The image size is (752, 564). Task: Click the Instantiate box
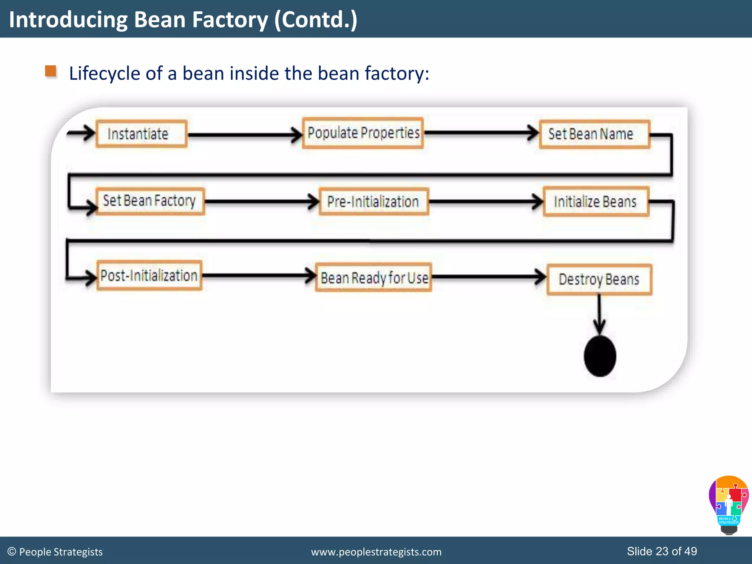[141, 134]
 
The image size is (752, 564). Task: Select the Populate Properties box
[363, 133]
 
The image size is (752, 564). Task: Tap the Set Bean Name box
[594, 134]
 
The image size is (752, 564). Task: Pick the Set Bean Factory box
[150, 201]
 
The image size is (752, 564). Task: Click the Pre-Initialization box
[373, 202]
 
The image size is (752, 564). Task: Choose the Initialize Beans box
[596, 202]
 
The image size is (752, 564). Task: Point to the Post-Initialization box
[149, 275]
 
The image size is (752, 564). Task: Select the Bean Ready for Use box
[373, 278]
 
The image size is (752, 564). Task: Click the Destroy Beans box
[599, 279]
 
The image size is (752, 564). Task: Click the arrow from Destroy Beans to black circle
[599, 314]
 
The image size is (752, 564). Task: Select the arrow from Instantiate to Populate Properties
[244, 135]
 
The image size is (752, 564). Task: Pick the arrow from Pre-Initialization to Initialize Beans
[485, 202]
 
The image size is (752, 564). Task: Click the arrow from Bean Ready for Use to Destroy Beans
[488, 276]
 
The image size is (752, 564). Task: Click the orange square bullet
[51, 71]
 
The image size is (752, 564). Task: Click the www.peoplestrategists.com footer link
[376, 552]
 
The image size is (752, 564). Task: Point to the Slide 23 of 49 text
[662, 551]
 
